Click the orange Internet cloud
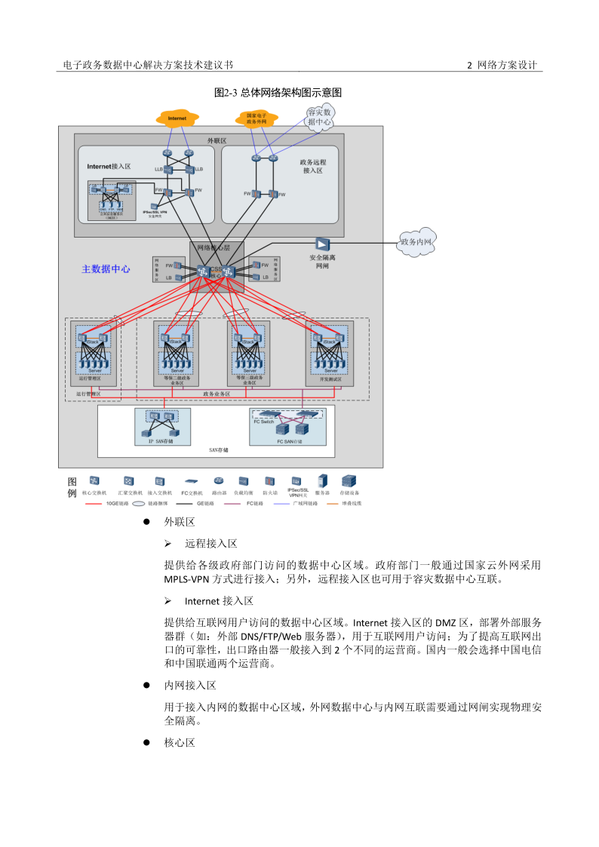[177, 118]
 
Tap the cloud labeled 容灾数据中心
[319, 117]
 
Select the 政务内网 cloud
[418, 242]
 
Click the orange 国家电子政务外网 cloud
[251, 118]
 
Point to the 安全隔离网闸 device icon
[322, 244]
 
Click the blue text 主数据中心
[106, 269]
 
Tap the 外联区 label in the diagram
[217, 140]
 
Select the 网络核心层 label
[213, 247]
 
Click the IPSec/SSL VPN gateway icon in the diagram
[155, 205]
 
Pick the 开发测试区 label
[330, 381]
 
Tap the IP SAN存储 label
[161, 441]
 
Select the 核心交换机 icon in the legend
[94, 480]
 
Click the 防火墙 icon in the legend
[269, 481]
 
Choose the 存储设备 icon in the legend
[349, 480]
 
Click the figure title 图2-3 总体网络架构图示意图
[278, 93]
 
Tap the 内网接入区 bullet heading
[190, 686]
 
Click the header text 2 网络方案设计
[502, 66]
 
